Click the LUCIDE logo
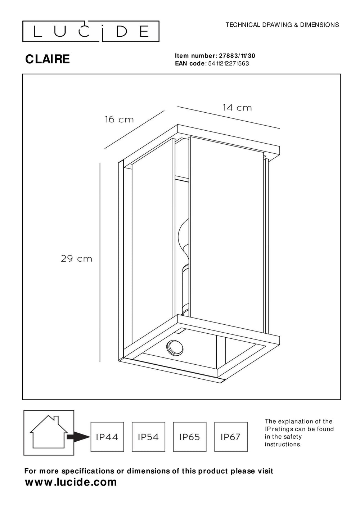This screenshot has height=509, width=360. (x=91, y=32)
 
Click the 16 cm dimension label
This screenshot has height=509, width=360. (x=119, y=120)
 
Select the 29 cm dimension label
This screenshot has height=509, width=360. (x=76, y=258)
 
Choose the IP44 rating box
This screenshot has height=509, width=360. (x=107, y=437)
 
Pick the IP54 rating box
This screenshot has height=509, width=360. (x=148, y=437)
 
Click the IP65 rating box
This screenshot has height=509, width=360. (x=189, y=437)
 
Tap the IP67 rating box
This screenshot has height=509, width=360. (x=231, y=437)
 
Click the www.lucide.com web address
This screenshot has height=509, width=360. (x=71, y=482)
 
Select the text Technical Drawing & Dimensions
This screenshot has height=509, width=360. (x=282, y=25)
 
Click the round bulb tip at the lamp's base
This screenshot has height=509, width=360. (x=175, y=348)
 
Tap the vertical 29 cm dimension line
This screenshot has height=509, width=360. (x=100, y=262)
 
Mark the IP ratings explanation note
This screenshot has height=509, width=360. (x=299, y=433)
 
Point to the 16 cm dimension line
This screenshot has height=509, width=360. (x=135, y=130)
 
